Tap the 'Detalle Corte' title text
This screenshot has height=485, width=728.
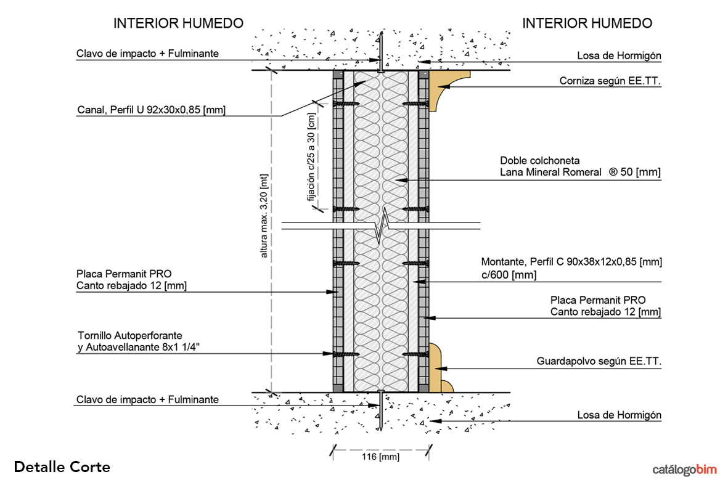click(x=62, y=467)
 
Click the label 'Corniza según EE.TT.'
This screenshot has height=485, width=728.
click(x=610, y=81)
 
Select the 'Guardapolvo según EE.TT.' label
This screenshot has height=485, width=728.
click(x=599, y=362)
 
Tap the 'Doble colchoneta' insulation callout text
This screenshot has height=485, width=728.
click(x=540, y=161)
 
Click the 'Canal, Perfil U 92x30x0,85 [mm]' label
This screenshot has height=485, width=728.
click(x=151, y=110)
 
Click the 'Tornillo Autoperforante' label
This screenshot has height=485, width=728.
click(x=130, y=336)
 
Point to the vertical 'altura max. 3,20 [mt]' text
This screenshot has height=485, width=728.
click(x=264, y=216)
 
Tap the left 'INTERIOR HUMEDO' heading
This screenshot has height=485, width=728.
click(x=178, y=23)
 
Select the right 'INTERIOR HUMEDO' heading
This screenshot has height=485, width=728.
click(x=587, y=23)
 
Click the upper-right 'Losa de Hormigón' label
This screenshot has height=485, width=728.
click(x=619, y=56)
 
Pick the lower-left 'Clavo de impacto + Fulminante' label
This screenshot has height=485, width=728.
click(x=147, y=399)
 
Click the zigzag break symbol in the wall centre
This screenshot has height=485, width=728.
click(x=382, y=226)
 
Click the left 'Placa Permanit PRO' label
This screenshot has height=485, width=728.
click(x=124, y=273)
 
